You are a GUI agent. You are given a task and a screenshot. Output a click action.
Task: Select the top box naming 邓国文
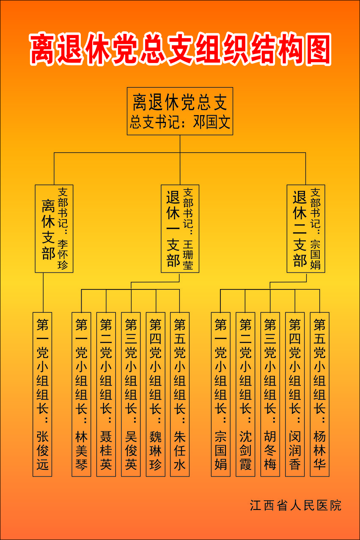click(180, 111)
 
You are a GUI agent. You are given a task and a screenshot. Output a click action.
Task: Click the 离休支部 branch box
click(54, 229)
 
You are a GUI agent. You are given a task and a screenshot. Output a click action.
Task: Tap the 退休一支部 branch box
click(180, 229)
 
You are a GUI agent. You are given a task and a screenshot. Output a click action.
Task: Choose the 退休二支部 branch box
click(305, 229)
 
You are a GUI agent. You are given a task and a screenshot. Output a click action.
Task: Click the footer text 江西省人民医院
click(295, 505)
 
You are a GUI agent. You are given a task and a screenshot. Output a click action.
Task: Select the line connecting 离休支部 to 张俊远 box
click(43, 292)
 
